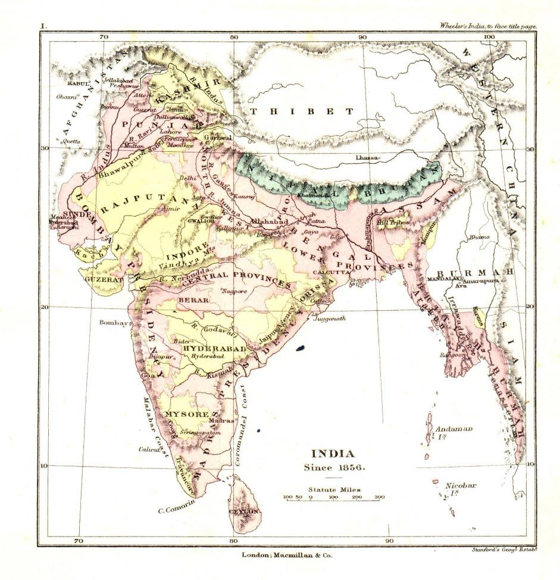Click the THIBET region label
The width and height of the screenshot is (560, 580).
302,111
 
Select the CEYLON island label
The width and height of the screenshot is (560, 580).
244,512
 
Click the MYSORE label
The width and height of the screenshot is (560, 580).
187,414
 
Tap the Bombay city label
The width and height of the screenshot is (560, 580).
114,323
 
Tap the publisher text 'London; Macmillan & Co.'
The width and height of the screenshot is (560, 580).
286,555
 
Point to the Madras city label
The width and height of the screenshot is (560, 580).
219,421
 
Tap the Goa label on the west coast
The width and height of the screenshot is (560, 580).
148,376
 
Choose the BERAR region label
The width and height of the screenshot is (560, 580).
193,300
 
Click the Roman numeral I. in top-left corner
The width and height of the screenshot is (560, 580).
43,26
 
